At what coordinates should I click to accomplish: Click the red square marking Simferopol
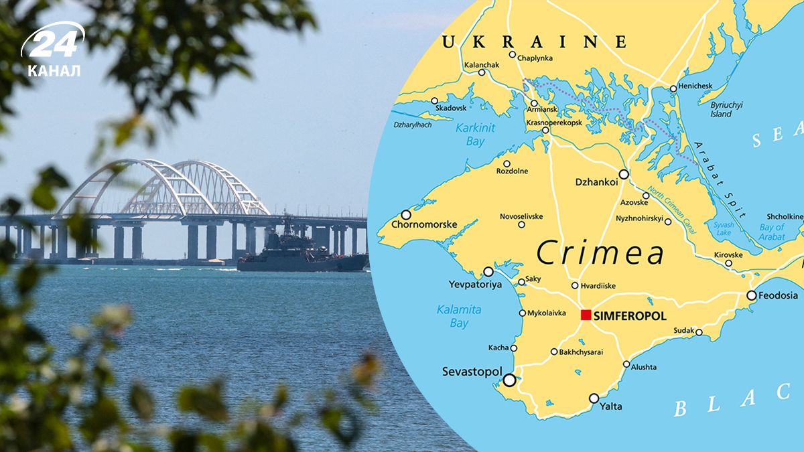point(586,315)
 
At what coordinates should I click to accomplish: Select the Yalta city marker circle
point(594,398)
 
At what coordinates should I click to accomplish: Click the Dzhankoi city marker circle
point(624,174)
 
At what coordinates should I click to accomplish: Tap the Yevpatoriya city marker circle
point(488,272)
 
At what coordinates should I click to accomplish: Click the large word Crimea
point(600,253)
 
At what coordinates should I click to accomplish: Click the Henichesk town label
point(695,86)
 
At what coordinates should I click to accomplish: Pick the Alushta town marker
point(626,364)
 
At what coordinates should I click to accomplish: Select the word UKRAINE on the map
point(534,42)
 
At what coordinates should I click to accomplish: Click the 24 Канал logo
point(54,50)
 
